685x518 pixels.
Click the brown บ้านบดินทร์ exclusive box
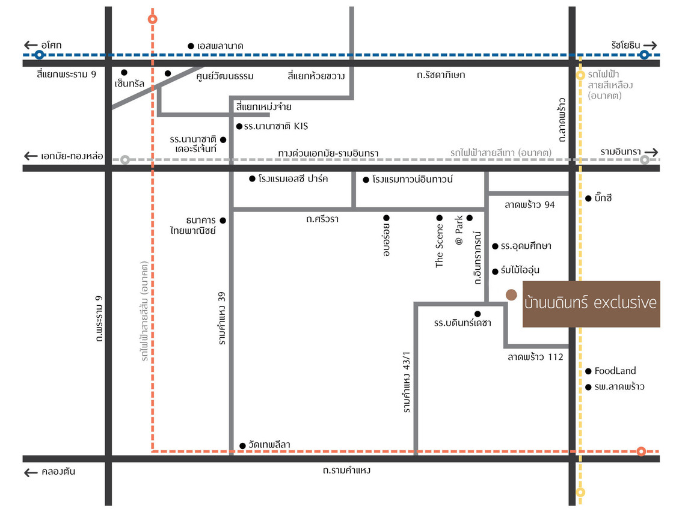pos(591,303)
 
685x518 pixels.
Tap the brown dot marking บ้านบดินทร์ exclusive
pos(511,295)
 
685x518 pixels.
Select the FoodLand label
pos(615,371)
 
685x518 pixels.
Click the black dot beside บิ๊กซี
pos(588,198)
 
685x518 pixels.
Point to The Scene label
pos(439,245)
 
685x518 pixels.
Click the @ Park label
pos(459,230)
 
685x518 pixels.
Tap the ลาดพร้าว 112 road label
pos(535,357)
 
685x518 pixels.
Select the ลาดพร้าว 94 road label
pos(529,205)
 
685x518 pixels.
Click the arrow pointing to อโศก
pos(31,45)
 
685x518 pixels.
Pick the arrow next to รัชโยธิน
pos(650,46)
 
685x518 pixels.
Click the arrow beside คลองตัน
pos(31,472)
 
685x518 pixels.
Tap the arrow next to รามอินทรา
pos(651,152)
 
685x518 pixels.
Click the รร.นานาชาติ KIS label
pos(275,126)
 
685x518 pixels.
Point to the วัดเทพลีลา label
pos(269,445)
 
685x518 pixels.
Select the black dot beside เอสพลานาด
pos(191,46)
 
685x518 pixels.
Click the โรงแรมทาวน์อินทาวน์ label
pos(412,179)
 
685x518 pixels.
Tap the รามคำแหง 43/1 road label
pos(407,382)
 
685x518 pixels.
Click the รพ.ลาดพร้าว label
pos(619,386)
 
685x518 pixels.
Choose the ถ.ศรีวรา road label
pos(322,219)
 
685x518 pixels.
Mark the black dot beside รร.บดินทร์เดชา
pos(478,314)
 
